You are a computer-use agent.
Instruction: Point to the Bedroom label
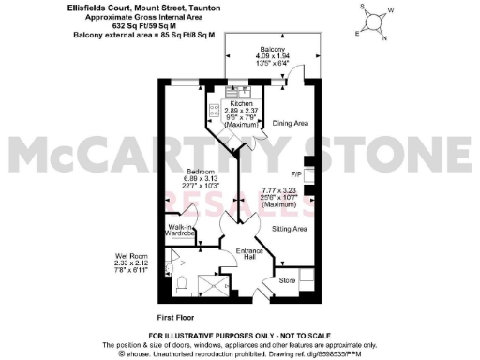[x=199, y=172]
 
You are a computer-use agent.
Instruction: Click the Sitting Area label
[x=291, y=228]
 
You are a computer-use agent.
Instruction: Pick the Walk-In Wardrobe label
[x=182, y=231]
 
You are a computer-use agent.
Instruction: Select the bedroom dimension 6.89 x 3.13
[x=199, y=180]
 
